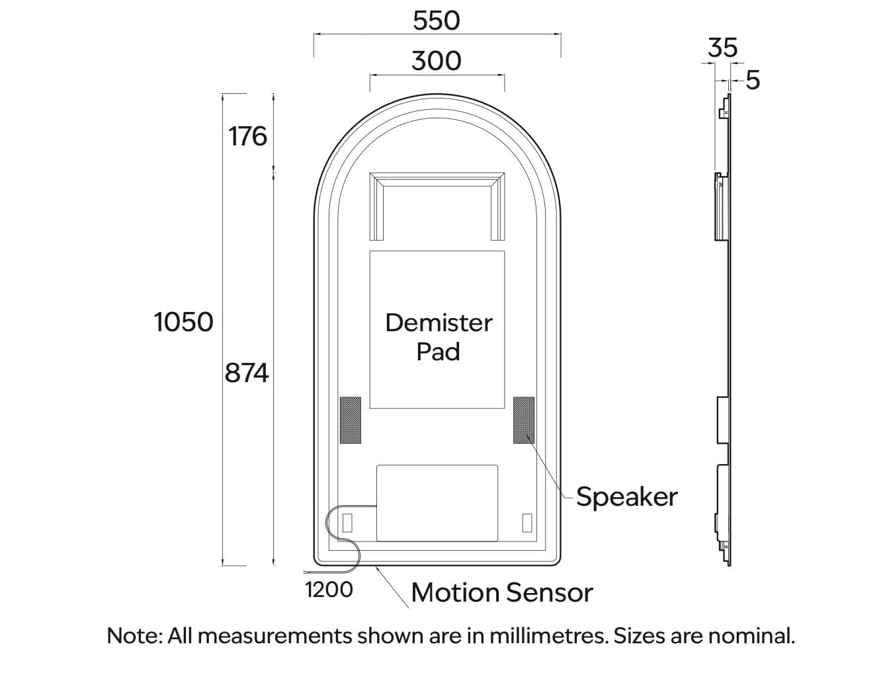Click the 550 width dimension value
pyautogui.click(x=436, y=20)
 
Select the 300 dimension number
pyautogui.click(x=436, y=61)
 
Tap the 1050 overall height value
pyautogui.click(x=183, y=322)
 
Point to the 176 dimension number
pyautogui.click(x=247, y=136)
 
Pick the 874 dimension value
pyautogui.click(x=247, y=374)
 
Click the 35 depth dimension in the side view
pyautogui.click(x=722, y=48)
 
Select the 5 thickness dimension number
pyautogui.click(x=753, y=80)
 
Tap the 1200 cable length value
pyautogui.click(x=329, y=589)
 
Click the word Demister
pyautogui.click(x=439, y=323)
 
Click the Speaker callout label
pyautogui.click(x=626, y=497)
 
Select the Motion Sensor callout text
pyautogui.click(x=501, y=592)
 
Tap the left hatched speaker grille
pyautogui.click(x=350, y=420)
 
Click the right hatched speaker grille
pyautogui.click(x=524, y=420)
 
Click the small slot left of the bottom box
pyautogui.click(x=347, y=522)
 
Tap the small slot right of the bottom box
pyautogui.click(x=527, y=522)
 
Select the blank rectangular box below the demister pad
pyautogui.click(x=437, y=502)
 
